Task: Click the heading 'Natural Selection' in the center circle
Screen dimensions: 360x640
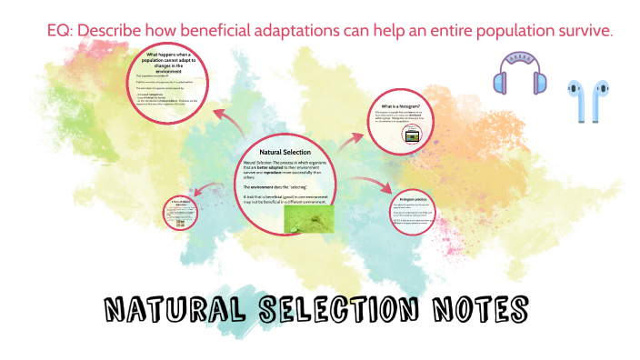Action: [285, 151]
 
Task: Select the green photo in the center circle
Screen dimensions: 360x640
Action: [309, 217]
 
